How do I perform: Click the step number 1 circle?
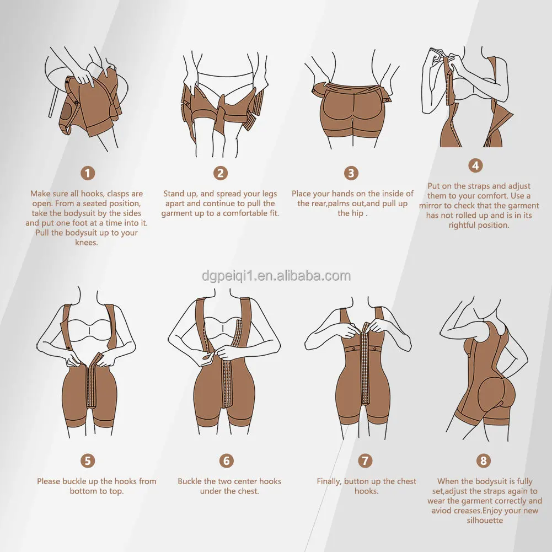[x=88, y=173]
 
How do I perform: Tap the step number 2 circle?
[x=221, y=173]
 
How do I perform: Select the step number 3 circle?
[x=351, y=173]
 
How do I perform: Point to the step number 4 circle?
[x=475, y=165]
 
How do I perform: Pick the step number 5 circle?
[x=88, y=461]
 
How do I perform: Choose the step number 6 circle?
[x=226, y=461]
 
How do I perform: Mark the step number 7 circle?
[x=365, y=461]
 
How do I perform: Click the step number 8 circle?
[x=484, y=461]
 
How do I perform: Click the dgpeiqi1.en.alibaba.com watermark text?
[x=276, y=276]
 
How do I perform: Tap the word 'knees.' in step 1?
[x=86, y=243]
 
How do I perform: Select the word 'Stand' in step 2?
[x=174, y=194]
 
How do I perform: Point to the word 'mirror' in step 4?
[x=431, y=206]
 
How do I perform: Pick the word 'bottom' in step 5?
[x=82, y=491]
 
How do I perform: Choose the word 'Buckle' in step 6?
[x=189, y=481]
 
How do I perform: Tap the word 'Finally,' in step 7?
[x=329, y=481]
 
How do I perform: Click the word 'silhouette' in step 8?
[x=485, y=521]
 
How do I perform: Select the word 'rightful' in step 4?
[x=462, y=226]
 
